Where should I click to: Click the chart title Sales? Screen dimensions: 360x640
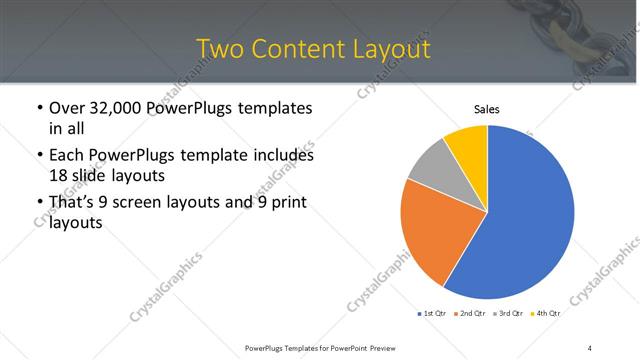pos(487,109)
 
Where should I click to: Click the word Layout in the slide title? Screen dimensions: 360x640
pos(391,49)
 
